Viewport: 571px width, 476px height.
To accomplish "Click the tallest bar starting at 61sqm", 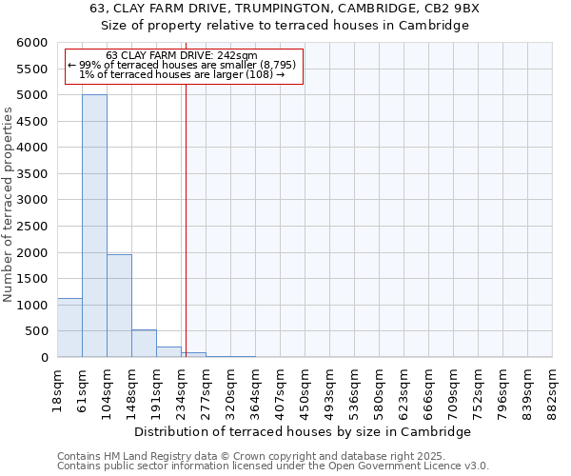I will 94,226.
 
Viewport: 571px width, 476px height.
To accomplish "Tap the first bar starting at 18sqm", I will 69,327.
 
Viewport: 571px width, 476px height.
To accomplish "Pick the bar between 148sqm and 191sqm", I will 144,344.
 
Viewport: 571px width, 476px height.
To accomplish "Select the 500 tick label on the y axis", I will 38,331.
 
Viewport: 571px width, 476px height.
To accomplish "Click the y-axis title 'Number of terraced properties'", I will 9,205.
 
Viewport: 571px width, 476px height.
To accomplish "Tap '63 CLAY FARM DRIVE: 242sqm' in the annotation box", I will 181,55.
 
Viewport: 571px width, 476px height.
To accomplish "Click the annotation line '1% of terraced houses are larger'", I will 181,74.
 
